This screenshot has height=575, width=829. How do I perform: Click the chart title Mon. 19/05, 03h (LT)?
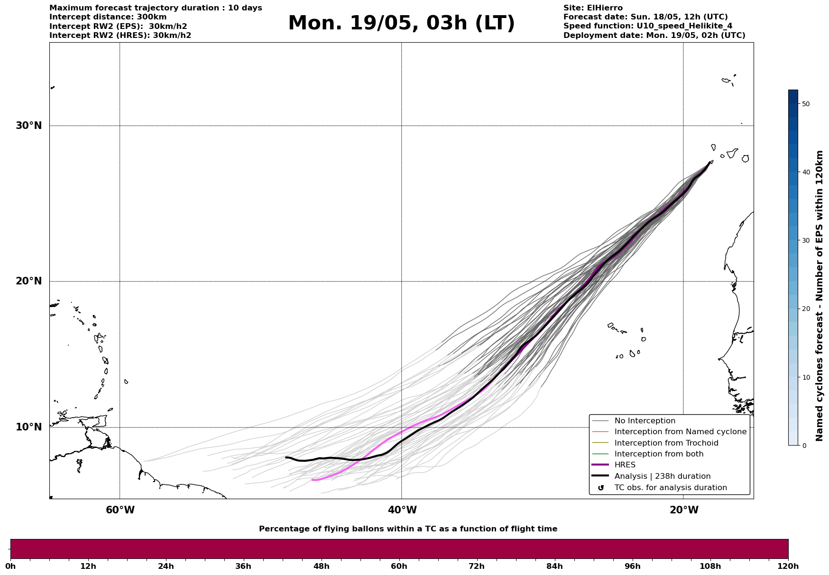[x=401, y=23]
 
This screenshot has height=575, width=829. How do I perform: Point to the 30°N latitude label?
[x=28, y=126]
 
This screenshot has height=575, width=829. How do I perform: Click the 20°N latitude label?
[x=28, y=281]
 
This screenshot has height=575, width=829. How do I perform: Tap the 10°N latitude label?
[x=28, y=427]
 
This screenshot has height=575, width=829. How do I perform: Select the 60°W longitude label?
[x=120, y=510]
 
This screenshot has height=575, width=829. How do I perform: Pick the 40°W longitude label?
[x=402, y=510]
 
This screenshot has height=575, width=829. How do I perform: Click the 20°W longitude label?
[x=683, y=510]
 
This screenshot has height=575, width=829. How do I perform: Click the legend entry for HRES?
[x=625, y=465]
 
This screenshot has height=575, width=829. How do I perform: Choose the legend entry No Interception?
[x=645, y=421]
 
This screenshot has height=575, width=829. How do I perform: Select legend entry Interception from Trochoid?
[x=666, y=443]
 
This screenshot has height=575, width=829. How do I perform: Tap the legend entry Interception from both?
[x=659, y=454]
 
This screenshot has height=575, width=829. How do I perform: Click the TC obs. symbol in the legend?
[x=601, y=488]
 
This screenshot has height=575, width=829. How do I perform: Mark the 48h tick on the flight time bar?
[x=321, y=566]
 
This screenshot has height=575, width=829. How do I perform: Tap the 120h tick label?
[x=788, y=566]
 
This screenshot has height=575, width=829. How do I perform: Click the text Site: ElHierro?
[x=593, y=8]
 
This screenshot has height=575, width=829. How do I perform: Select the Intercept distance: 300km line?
[x=108, y=17]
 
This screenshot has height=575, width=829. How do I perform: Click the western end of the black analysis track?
[x=286, y=457]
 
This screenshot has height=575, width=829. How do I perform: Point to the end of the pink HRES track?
[x=313, y=480]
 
